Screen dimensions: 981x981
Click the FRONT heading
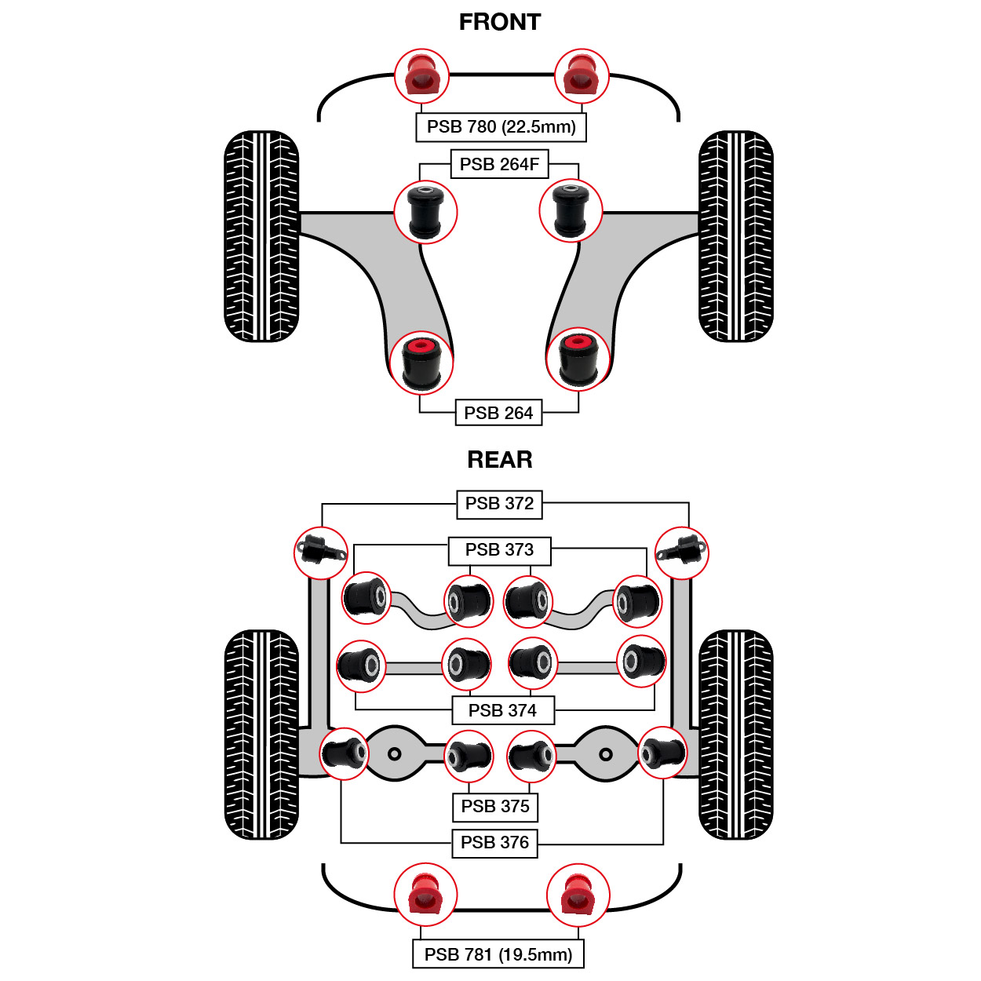coord(500,22)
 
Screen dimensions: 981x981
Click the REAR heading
coord(500,459)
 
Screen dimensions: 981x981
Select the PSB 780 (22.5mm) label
coord(501,126)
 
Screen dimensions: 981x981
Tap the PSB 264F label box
coord(499,164)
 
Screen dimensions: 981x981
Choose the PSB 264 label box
coord(498,413)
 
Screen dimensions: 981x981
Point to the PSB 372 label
coord(499,503)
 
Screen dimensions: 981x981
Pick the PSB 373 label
coord(499,550)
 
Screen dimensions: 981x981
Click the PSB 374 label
coord(502,710)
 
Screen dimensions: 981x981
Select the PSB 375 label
coord(495,806)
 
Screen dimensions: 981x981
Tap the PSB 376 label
coord(494,842)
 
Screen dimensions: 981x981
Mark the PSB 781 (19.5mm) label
coord(498,954)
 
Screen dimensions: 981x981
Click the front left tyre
coord(261,236)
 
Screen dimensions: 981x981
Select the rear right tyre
coord(735,735)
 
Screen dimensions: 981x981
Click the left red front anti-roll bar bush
coord(421,76)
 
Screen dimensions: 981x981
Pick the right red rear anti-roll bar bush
coord(578,895)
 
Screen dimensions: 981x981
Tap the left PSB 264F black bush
coord(425,211)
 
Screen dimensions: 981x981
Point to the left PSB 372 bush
coord(321,552)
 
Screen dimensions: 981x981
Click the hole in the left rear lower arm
coord(395,754)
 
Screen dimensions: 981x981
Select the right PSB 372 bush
coord(681,552)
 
